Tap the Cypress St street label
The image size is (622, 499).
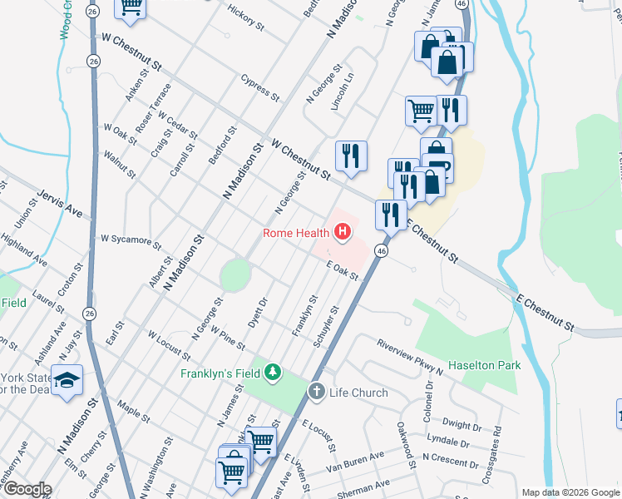tap(259, 86)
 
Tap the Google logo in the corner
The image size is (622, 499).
tap(27, 489)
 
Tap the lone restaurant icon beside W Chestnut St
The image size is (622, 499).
tap(351, 156)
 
